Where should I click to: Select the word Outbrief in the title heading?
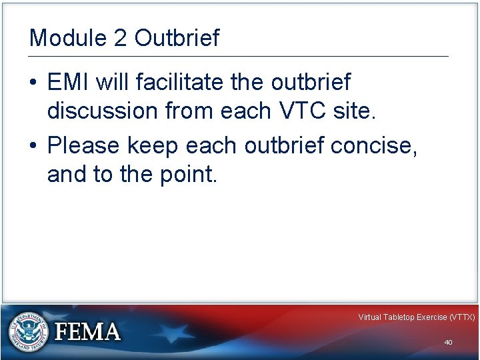pos(177,38)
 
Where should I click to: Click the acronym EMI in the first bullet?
pos(69,83)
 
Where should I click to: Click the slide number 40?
pos(448,342)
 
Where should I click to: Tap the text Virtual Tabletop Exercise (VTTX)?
pos(416,317)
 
